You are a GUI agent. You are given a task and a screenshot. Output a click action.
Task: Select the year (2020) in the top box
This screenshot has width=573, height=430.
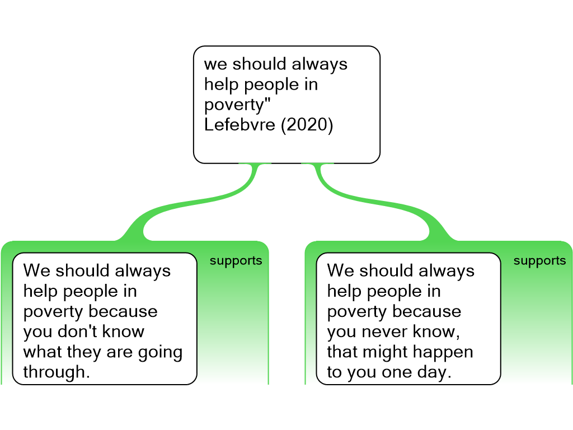(x=307, y=125)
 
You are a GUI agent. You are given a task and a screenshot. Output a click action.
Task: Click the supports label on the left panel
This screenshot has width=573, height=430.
(x=236, y=261)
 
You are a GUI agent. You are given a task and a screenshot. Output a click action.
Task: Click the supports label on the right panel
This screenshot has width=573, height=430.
(x=539, y=261)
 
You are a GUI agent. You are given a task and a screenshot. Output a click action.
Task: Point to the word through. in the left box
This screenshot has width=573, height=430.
(x=57, y=372)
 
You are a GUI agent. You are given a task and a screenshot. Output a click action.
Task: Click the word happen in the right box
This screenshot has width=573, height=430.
(x=445, y=352)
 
